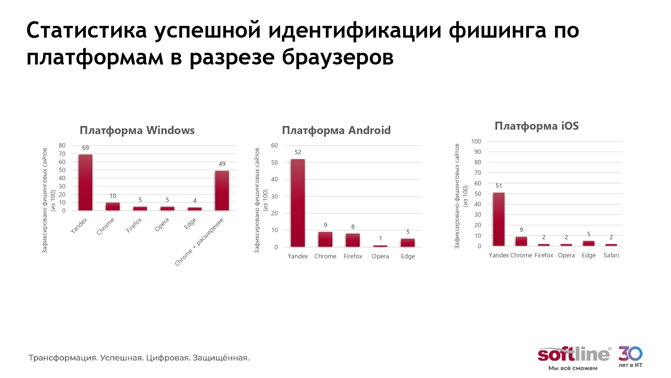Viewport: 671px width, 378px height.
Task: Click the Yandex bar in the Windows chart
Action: coord(86,182)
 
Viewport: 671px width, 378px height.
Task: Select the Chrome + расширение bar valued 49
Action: coord(222,191)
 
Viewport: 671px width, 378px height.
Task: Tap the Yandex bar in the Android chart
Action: coord(298,203)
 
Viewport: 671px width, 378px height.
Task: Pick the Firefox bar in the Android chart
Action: coord(353,240)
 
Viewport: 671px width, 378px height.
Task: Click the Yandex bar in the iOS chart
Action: coord(499,219)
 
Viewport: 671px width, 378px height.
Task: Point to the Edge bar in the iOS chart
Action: coord(588,243)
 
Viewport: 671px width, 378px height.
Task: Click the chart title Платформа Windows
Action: coord(137,130)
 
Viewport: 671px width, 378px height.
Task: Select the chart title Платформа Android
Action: coord(336,130)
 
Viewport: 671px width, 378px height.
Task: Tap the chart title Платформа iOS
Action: coord(536,126)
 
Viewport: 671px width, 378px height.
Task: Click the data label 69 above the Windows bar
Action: coord(86,148)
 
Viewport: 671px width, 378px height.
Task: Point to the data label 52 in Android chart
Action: coord(298,152)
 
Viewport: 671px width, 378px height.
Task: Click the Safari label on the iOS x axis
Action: coord(611,255)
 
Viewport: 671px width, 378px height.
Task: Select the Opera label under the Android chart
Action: coord(380,256)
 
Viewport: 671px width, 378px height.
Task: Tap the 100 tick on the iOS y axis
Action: coord(476,141)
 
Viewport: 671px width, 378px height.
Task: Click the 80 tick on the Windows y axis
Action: coord(62,145)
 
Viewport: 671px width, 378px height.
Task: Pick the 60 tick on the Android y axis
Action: coord(274,145)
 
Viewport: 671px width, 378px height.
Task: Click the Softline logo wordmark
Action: coord(573,354)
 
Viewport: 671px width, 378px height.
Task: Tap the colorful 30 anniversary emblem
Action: coord(630,353)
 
